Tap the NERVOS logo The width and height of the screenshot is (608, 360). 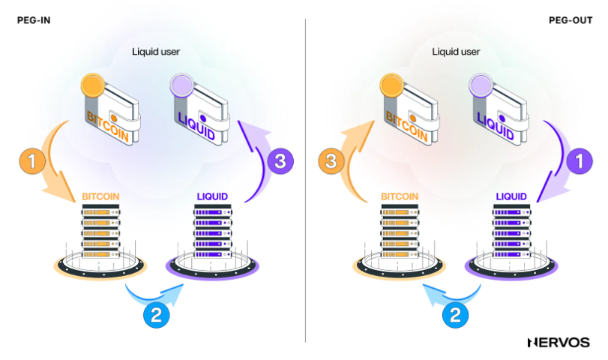pyautogui.click(x=559, y=342)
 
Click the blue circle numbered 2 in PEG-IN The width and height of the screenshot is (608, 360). pyautogui.click(x=156, y=315)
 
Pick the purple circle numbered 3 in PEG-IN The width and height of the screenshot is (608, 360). pyautogui.click(x=277, y=160)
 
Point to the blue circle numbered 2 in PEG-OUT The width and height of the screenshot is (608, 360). pyautogui.click(x=454, y=315)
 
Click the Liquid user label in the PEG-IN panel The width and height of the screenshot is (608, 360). pyautogui.click(x=156, y=52)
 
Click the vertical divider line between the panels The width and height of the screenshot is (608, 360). pyautogui.click(x=305, y=180)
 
